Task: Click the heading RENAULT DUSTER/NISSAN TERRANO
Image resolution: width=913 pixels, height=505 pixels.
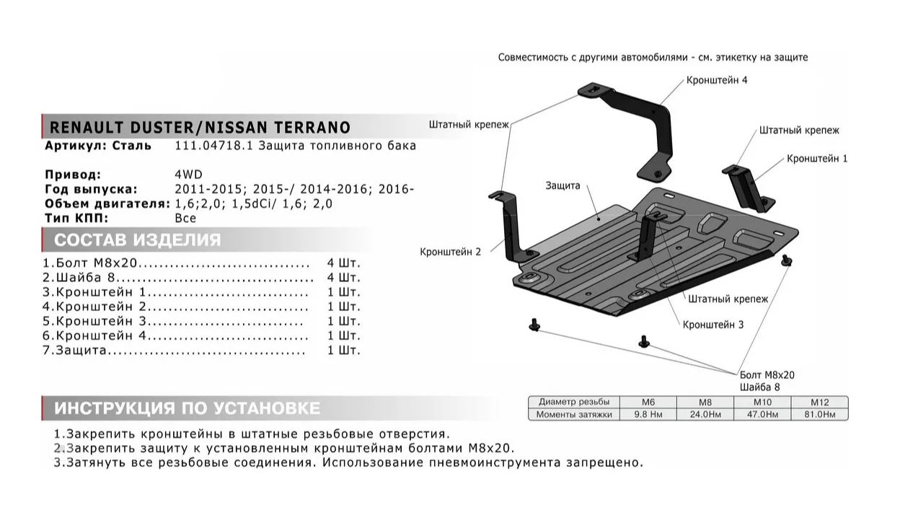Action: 198,128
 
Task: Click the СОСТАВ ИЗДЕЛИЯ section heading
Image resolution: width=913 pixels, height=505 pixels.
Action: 138,240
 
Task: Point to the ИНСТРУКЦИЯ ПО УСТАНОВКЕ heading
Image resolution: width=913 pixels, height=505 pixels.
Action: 187,408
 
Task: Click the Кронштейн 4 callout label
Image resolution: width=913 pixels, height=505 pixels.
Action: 717,80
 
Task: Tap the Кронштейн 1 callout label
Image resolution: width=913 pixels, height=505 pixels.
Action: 817,158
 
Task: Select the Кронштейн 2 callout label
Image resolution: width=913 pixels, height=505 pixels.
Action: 450,252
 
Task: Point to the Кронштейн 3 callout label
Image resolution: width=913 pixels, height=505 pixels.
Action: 713,325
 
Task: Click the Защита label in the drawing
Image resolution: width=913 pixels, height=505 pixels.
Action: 563,185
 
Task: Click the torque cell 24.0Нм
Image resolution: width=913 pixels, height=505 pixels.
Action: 705,414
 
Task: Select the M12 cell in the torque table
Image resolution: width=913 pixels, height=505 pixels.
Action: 820,402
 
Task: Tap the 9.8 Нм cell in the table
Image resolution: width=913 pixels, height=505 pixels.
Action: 648,414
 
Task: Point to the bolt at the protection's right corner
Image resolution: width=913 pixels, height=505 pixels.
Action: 786,262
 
